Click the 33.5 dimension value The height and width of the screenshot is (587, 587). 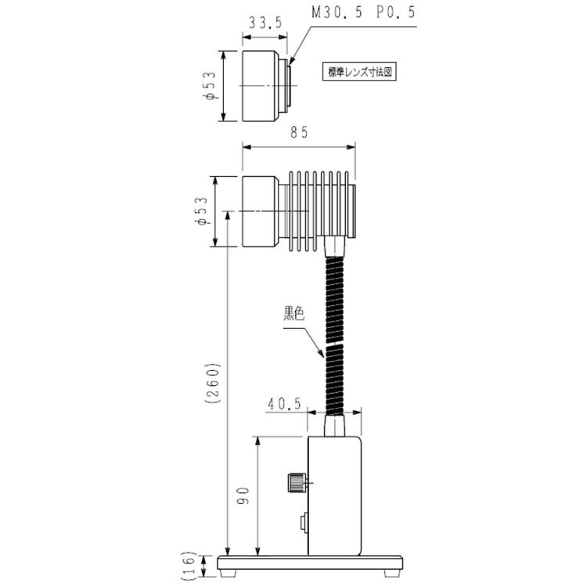point(265,23)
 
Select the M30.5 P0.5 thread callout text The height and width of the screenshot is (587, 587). point(364,13)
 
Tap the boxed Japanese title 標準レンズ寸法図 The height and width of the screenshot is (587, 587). point(359,72)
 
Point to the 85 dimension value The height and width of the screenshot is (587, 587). point(299,132)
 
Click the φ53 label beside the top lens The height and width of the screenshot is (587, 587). point(210,86)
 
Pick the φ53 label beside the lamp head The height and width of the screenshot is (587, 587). point(201,211)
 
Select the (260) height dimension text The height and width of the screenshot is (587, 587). point(213,383)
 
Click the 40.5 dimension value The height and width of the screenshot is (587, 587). point(284,404)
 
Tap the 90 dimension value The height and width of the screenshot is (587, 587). point(243,495)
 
